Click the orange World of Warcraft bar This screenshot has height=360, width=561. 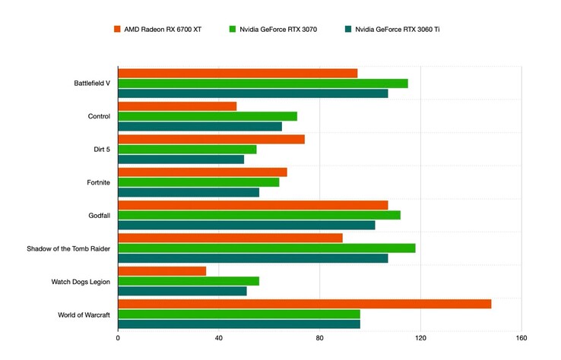(304, 304)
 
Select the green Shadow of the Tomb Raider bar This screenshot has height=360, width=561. (266, 248)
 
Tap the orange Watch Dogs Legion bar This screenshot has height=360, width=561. (162, 270)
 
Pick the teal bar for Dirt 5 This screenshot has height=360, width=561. (181, 159)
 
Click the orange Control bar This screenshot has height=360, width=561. (177, 106)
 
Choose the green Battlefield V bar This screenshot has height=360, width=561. (262, 83)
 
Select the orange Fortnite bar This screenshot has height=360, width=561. (202, 172)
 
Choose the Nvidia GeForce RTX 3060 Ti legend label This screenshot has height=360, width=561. (397, 29)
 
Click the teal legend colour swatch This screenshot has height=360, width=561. (347, 29)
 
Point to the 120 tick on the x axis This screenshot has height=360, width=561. (420, 338)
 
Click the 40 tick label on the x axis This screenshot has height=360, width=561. (219, 338)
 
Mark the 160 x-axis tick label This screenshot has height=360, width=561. (521, 338)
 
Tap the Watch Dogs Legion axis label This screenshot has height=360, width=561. (81, 282)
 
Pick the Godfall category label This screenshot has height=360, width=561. (99, 215)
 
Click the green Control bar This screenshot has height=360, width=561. (208, 116)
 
